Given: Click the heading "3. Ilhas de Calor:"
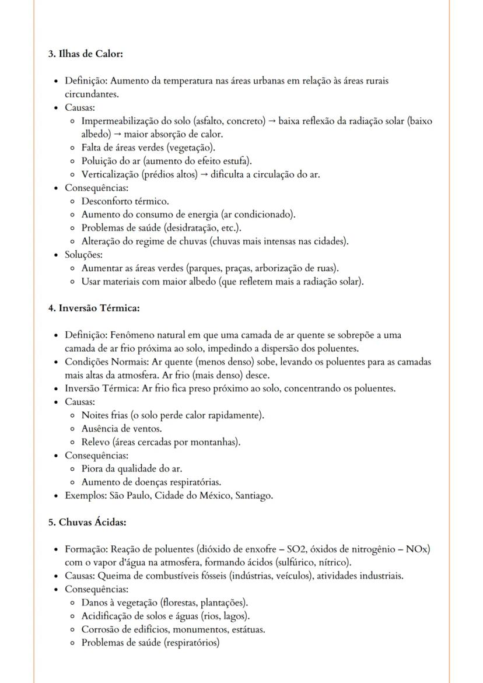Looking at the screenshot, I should click(x=85, y=54).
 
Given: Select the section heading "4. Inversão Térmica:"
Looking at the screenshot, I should click(x=93, y=308).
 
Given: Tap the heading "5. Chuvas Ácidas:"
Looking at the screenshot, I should click(x=87, y=522).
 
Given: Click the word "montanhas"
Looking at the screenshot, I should click(x=216, y=442).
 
